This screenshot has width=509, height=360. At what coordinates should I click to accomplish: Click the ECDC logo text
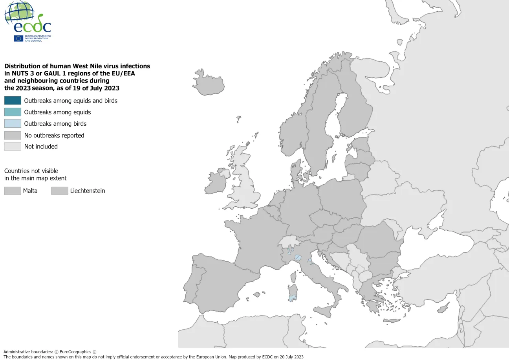coord(32,26)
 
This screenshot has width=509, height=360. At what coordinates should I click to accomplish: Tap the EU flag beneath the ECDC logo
coord(18,39)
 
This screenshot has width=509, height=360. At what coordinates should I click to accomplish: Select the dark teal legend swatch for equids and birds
coord(13,101)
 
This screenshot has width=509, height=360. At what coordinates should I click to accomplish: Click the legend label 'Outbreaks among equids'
coord(57,112)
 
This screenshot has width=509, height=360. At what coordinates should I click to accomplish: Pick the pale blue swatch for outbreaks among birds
coord(13,123)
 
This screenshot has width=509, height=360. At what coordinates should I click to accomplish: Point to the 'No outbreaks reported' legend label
coord(54,135)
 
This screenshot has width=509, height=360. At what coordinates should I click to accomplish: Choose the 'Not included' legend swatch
coord(13,147)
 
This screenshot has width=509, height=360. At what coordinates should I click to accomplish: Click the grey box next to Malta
coord(13,191)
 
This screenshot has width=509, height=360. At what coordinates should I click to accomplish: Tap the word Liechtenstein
coord(88,191)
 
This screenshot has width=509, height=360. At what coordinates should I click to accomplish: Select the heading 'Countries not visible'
coord(31,171)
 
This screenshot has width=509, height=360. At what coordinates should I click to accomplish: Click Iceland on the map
coord(209,82)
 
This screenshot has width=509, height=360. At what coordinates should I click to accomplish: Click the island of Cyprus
coord(443,308)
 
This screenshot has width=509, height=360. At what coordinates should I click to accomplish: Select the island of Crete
coord(391,321)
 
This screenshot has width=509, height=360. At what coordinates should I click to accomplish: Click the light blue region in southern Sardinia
coord(292,298)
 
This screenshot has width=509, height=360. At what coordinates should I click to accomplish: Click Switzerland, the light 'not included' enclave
coord(287,241)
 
